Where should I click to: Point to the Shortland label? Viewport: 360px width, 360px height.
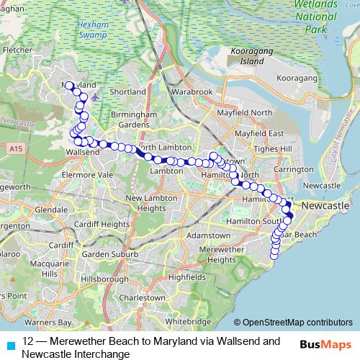pyautogui.click(x=129, y=92)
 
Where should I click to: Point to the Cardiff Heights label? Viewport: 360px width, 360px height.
pyautogui.click(x=104, y=223)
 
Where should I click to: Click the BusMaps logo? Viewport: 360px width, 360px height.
pyautogui.click(x=327, y=343)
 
